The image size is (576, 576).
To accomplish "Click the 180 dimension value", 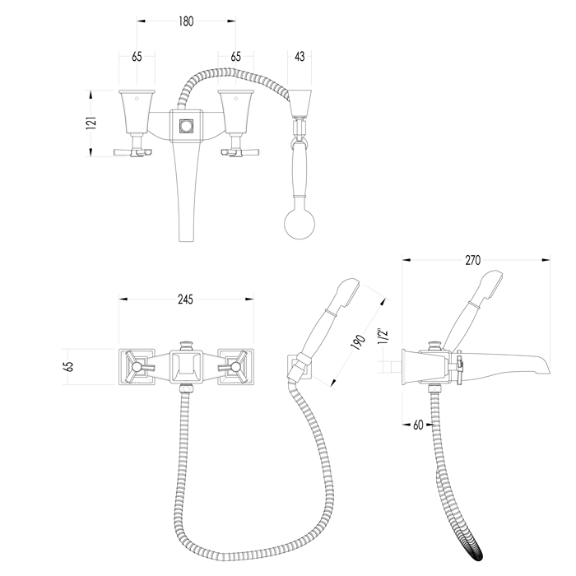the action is [186, 21].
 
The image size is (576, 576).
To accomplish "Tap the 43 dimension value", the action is [300, 57].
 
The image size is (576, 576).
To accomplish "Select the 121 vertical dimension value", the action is [91, 123].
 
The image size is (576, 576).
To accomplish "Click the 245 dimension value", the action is [185, 300].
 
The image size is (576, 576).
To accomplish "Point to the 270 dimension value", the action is [473, 260].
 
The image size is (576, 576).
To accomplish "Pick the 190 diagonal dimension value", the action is [359, 342].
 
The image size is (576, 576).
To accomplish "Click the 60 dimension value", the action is [418, 425].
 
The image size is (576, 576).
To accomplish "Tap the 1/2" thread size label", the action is [383, 336].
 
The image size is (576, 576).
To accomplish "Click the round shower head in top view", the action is [300, 223].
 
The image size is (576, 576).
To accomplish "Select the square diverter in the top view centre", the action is [186, 126].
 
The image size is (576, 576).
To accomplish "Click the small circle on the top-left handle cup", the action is [137, 99].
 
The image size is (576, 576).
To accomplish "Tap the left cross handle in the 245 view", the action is [137, 367].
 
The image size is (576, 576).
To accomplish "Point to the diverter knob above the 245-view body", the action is [186, 346].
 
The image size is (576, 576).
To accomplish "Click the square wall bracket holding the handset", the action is [300, 367].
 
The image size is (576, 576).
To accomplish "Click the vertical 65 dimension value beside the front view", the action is [68, 367].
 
